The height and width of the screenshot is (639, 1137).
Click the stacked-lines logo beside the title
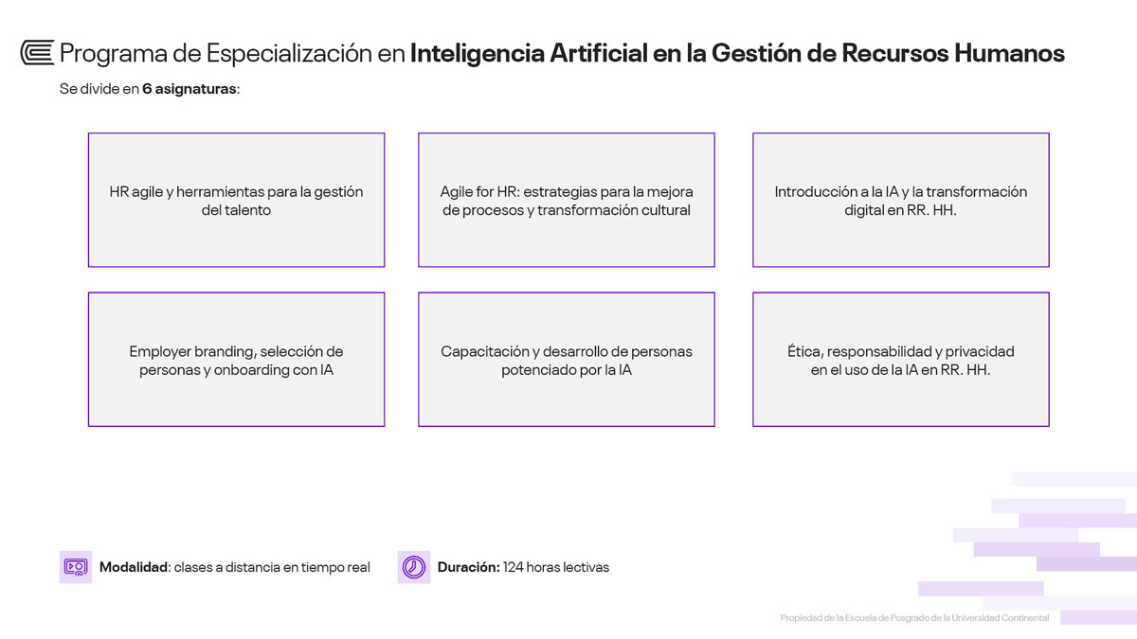point(38,53)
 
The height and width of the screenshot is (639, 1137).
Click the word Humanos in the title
point(1009,53)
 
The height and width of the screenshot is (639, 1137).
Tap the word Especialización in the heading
point(289,54)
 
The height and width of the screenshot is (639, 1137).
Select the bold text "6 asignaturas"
point(189,89)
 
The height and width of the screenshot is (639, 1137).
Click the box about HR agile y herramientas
point(237,200)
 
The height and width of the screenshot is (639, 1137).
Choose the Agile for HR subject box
point(567,200)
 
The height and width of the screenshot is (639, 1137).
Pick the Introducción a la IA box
point(901,200)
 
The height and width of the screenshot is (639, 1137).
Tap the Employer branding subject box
point(237,359)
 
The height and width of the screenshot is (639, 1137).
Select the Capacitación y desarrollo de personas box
point(567,359)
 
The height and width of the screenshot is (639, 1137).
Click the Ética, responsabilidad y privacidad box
point(901,359)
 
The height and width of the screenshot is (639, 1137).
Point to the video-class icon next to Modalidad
point(76,567)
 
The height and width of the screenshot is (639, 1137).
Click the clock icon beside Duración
point(414,567)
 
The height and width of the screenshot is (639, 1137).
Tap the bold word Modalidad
point(134,567)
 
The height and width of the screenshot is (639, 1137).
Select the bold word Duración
point(468,567)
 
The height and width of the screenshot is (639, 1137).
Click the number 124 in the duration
point(513,567)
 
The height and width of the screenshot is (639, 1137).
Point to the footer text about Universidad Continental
point(914,617)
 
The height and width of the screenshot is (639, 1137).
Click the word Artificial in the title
point(599,53)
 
